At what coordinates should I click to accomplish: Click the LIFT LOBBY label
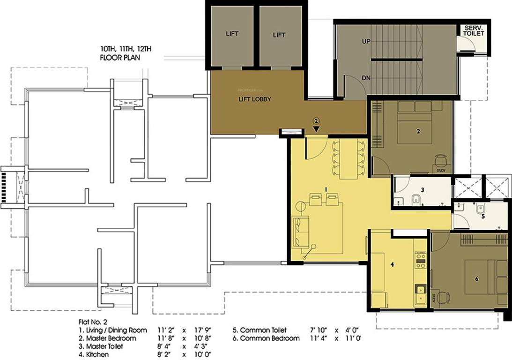pyautogui.click(x=255, y=99)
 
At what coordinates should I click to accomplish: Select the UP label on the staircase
pyautogui.click(x=366, y=41)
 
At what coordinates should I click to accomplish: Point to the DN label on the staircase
pyautogui.click(x=366, y=78)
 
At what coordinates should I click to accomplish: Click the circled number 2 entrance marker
pyautogui.click(x=316, y=120)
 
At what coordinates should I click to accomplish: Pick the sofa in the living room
pyautogui.click(x=299, y=232)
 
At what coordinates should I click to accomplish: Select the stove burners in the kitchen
pyautogui.click(x=420, y=260)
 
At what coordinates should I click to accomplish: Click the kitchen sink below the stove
pyautogui.click(x=420, y=292)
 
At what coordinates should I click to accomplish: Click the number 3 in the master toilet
pyautogui.click(x=422, y=190)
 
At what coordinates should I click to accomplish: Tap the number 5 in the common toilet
pyautogui.click(x=483, y=217)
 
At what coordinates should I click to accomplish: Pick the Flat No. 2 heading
pyautogui.click(x=92, y=322)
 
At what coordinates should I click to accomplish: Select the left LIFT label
pyautogui.click(x=232, y=35)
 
